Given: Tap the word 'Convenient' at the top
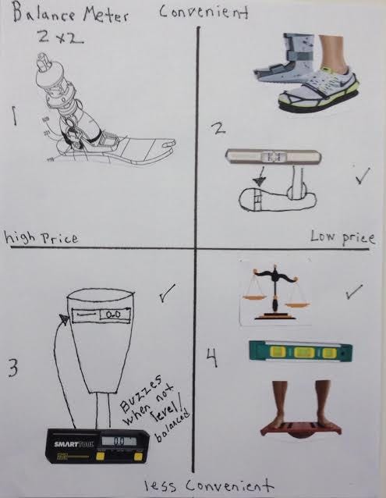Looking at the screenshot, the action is click(x=204, y=12).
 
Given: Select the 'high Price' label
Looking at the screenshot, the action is click(x=41, y=237).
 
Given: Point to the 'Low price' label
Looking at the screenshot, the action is click(x=342, y=237).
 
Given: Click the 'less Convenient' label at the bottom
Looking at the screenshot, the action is click(x=209, y=486).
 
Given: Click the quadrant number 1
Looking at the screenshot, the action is click(x=14, y=116).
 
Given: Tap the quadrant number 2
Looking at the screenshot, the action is click(x=219, y=128).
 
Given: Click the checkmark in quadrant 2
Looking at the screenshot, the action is click(x=363, y=176).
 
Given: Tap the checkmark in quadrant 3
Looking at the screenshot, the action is click(x=167, y=293).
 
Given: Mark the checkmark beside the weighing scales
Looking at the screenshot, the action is click(x=354, y=291).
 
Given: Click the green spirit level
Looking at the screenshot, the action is click(x=301, y=351).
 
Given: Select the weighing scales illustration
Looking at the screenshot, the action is click(x=275, y=293).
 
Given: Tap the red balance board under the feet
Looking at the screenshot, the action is click(x=301, y=430).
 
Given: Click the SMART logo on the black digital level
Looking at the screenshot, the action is click(x=66, y=443).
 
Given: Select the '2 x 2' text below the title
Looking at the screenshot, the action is click(x=60, y=38).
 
